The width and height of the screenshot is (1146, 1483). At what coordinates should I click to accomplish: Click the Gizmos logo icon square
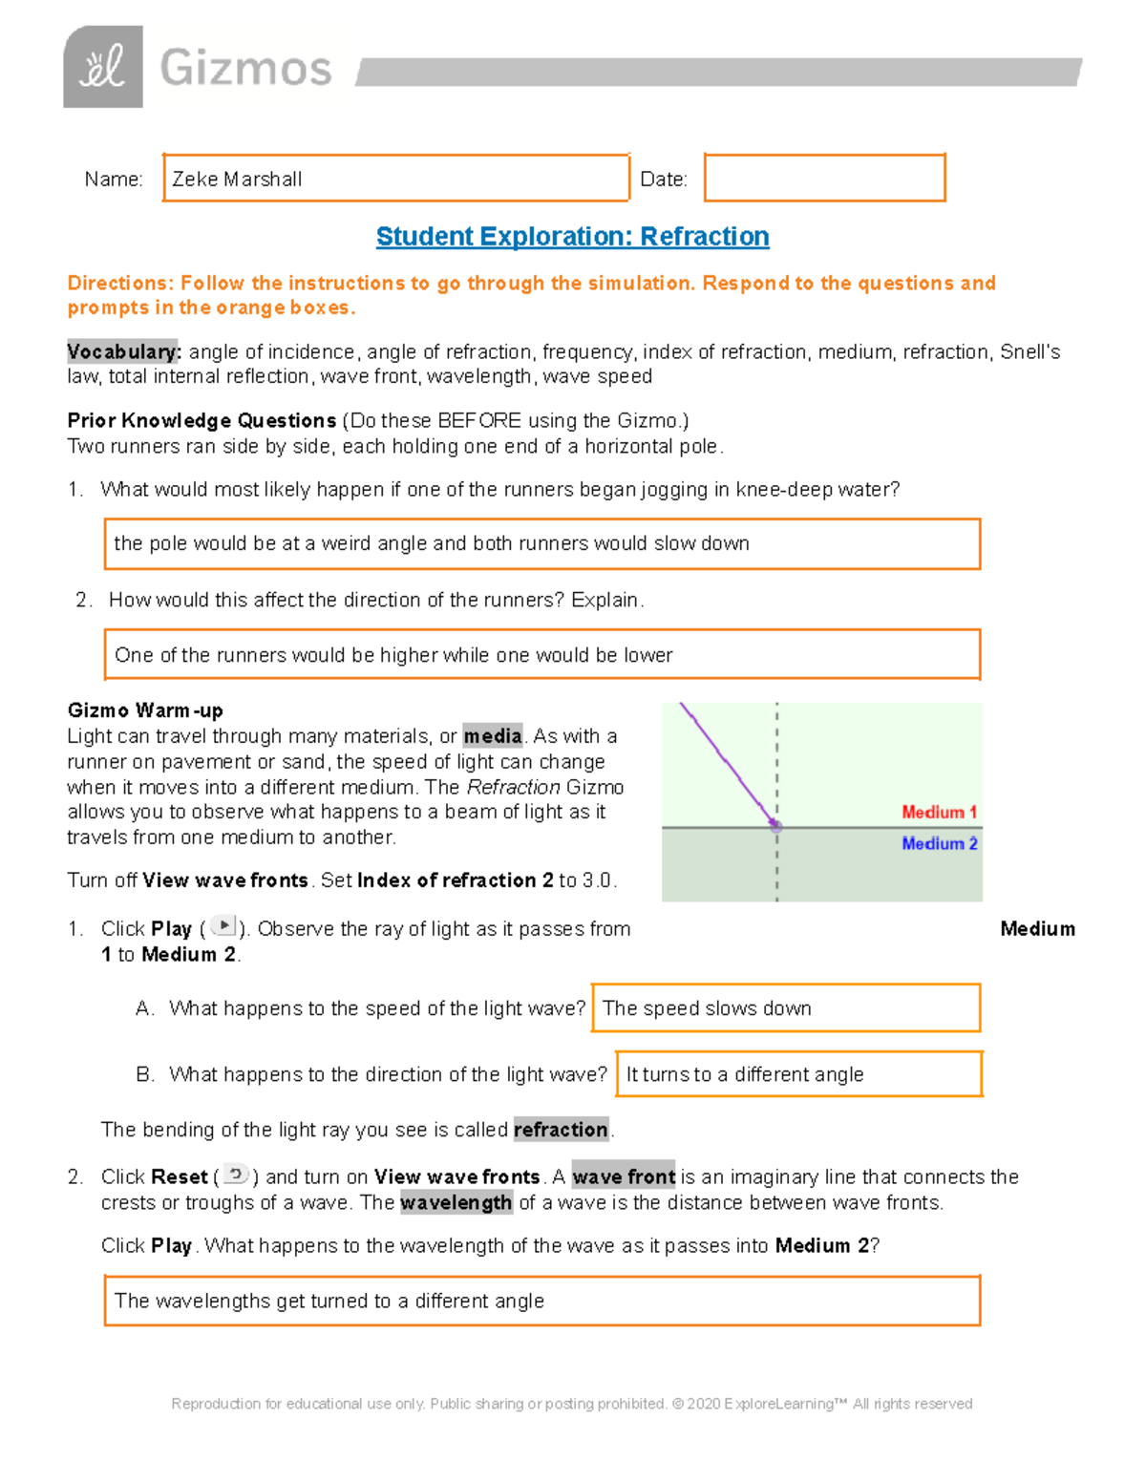click(103, 67)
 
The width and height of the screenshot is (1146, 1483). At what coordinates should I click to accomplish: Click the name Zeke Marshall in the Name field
click(237, 179)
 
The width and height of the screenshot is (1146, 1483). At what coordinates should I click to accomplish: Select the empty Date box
click(824, 178)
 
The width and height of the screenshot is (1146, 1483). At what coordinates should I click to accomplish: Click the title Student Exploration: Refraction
click(572, 236)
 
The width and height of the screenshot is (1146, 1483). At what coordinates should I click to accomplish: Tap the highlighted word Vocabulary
click(123, 351)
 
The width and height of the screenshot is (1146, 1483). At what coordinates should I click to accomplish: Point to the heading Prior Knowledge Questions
click(202, 420)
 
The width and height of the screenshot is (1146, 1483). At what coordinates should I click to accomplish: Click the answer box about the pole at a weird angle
click(541, 543)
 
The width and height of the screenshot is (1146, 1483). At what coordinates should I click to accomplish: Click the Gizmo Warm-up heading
click(145, 710)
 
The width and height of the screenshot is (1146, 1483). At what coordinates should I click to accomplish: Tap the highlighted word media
click(493, 736)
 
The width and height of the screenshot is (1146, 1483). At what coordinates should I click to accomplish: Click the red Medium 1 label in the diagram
click(939, 812)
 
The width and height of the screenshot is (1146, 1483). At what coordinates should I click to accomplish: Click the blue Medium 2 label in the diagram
click(939, 843)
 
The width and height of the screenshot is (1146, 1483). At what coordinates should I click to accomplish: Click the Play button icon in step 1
click(223, 925)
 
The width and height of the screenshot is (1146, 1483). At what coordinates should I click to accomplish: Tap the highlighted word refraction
click(561, 1130)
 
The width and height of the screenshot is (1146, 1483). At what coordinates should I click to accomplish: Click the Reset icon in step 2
click(236, 1175)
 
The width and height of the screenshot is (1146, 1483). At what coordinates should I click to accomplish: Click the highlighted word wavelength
click(456, 1202)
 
